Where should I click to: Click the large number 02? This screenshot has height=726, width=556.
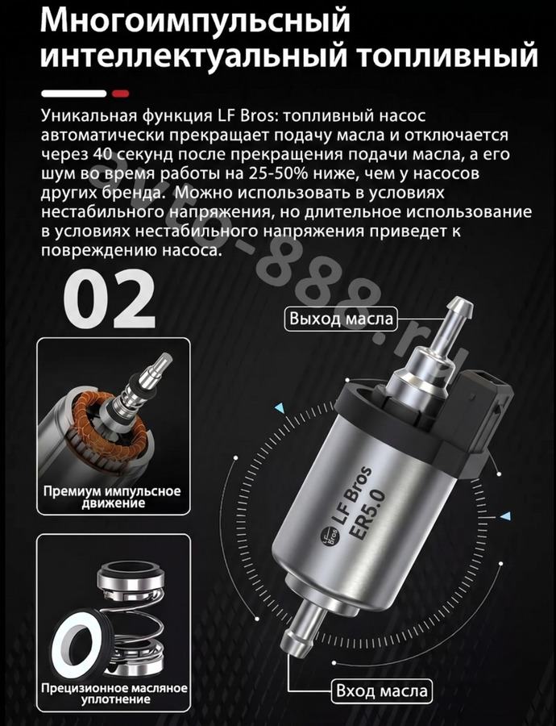pos(109,298)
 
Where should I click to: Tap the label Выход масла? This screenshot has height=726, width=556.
pos(341,319)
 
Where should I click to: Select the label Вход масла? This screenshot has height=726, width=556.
pos(382,691)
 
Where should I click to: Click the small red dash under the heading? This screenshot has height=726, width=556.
pos(121,94)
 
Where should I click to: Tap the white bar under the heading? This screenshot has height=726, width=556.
pos(74,94)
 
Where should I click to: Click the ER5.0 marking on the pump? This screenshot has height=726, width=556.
pos(367,514)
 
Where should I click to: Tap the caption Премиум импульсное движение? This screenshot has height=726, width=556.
pos(112,497)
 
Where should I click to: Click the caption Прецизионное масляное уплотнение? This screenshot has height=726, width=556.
pos(114,693)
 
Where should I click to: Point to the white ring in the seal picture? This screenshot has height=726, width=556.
pos(77,640)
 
